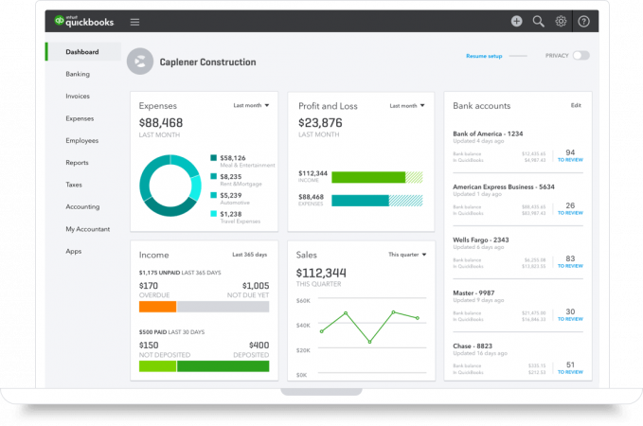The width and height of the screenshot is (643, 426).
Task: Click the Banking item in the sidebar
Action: [78, 74]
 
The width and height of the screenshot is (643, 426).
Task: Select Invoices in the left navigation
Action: [78, 96]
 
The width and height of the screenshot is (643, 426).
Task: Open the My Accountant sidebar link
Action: [87, 229]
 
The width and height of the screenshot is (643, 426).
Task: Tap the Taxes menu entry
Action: [74, 185]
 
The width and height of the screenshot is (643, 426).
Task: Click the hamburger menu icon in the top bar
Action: [134, 21]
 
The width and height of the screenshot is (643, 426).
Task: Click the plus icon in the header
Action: [516, 21]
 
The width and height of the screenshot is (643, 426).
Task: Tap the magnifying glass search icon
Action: [539, 21]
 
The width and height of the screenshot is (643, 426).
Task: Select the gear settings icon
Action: [561, 21]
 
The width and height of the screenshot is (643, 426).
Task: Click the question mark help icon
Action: [583, 21]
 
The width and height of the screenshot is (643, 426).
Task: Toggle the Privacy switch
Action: [580, 56]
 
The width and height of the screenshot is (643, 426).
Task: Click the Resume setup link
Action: [484, 56]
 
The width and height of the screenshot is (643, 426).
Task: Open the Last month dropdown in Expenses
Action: [251, 105]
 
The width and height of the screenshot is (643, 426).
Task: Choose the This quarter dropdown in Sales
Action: [407, 255]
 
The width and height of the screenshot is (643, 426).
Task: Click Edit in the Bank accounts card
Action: [576, 106]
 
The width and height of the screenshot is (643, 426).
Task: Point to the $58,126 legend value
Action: [232, 158]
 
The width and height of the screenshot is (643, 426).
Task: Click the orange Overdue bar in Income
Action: [157, 307]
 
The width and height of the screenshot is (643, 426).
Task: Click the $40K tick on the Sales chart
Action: [303, 325]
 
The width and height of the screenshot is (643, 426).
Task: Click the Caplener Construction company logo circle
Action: [140, 62]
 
